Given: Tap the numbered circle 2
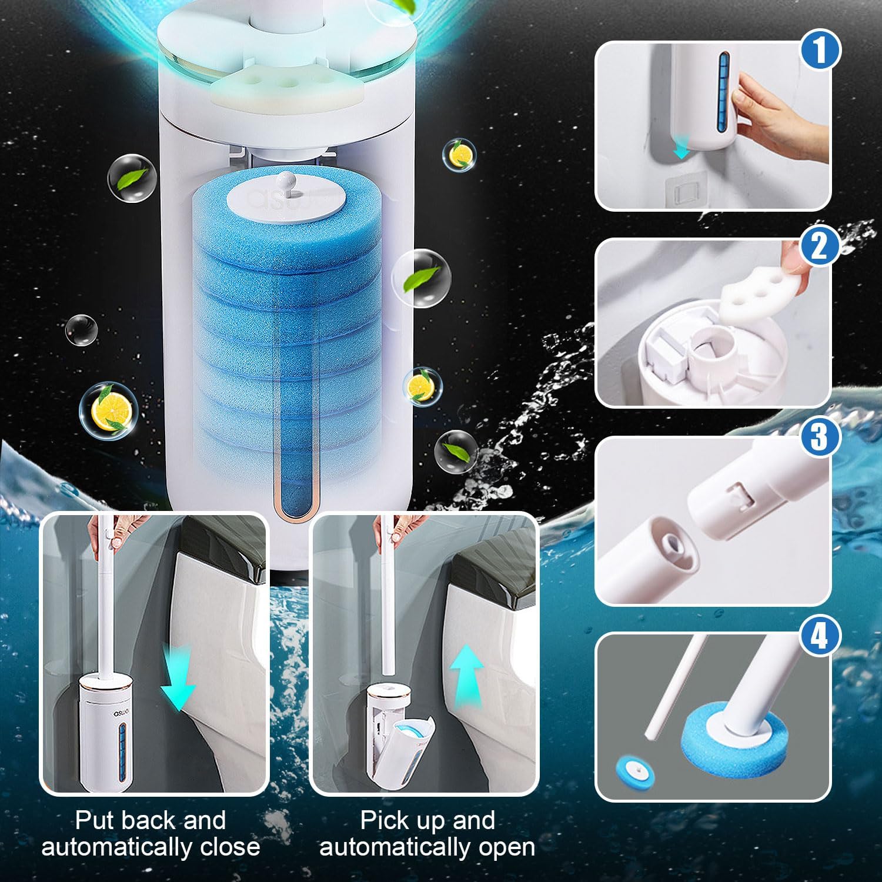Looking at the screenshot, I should click(821, 246).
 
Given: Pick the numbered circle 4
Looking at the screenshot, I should click(820, 636).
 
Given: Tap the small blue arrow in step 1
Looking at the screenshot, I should click(681, 151).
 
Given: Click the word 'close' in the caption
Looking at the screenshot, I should click(229, 847).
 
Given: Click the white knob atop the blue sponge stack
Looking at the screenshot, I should click(286, 179).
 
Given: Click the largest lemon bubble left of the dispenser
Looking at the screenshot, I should click(109, 409).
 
